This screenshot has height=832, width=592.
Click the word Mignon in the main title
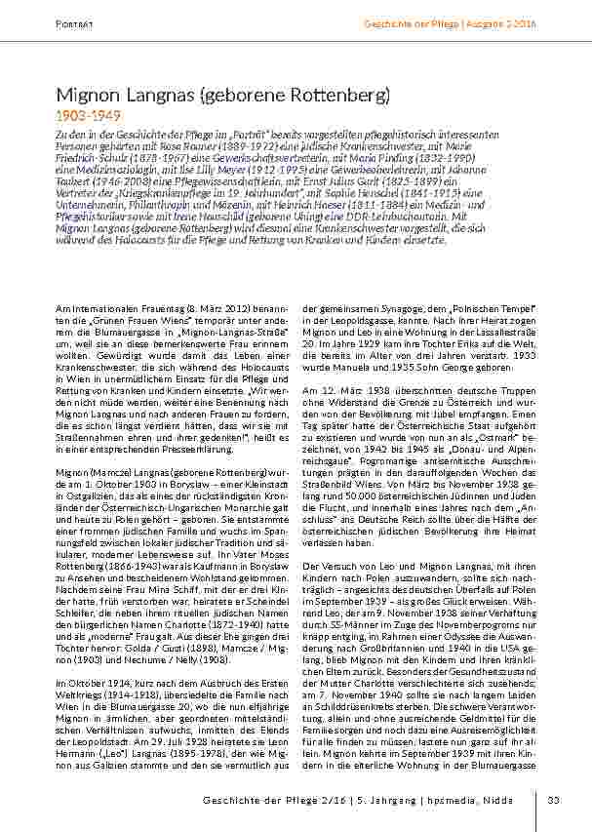[87, 96]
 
